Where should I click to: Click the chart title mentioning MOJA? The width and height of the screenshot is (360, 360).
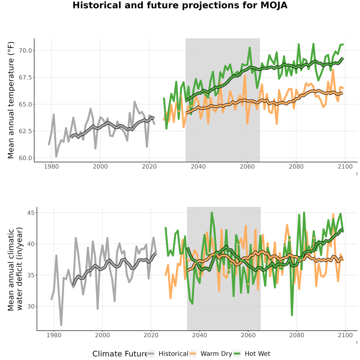pyautogui.click(x=180, y=5)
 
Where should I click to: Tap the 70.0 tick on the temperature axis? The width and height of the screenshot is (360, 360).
pyautogui.click(x=25, y=50)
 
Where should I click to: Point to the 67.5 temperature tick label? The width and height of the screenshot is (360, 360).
pyautogui.click(x=25, y=77)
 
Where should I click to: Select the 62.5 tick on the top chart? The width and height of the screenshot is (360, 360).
pyautogui.click(x=25, y=131)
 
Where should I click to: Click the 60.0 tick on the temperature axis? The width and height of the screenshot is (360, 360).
pyautogui.click(x=25, y=158)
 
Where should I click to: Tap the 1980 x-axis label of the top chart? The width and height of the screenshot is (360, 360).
pyautogui.click(x=51, y=166)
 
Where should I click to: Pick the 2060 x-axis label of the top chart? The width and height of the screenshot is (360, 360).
pyautogui.click(x=247, y=166)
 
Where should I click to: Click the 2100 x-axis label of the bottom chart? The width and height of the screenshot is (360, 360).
pyautogui.click(x=345, y=335)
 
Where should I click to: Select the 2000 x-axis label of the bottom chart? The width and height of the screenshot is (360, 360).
pyautogui.click(x=102, y=335)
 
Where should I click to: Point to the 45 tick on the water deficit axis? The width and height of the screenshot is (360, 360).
pyautogui.click(x=31, y=213)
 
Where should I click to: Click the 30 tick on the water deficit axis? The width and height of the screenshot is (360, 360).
pyautogui.click(x=31, y=306)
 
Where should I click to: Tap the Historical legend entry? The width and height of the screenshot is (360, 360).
pyautogui.click(x=168, y=354)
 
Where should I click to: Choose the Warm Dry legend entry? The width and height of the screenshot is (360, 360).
pyautogui.click(x=210, y=354)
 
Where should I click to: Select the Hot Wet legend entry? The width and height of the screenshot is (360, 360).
pyautogui.click(x=252, y=354)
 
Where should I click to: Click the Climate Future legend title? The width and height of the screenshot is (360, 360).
pyautogui.click(x=120, y=354)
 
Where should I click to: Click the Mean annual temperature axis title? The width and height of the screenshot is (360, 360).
pyautogui.click(x=10, y=100)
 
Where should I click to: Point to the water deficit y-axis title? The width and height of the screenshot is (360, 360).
pyautogui.click(x=15, y=269)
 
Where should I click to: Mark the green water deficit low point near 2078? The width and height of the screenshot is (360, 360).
pyautogui.click(x=292, y=315)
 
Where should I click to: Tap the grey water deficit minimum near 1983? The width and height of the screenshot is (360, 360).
pyautogui.click(x=61, y=325)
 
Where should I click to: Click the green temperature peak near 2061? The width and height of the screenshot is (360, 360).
pyautogui.click(x=250, y=48)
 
